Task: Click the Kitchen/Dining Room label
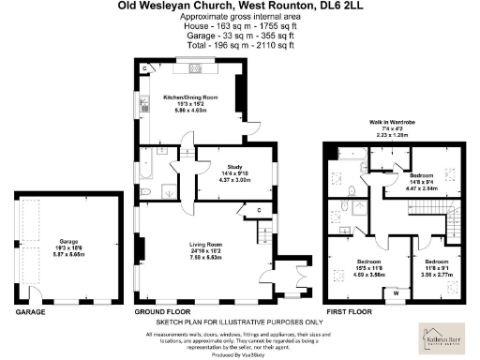[x=190, y=97]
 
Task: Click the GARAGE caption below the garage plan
[x=30, y=309]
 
